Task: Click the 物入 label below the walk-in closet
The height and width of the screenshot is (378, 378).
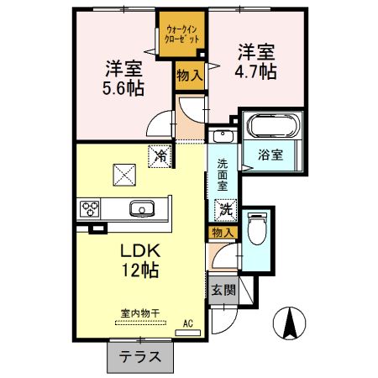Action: [x=188, y=76]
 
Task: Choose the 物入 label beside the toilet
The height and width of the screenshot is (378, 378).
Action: [x=223, y=232]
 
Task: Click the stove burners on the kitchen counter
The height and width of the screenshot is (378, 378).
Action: [x=91, y=209]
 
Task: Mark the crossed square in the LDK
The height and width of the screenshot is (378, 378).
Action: [x=124, y=175]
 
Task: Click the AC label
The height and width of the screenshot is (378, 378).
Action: [x=188, y=321]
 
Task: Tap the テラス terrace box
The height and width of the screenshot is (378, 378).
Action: [x=140, y=356]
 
